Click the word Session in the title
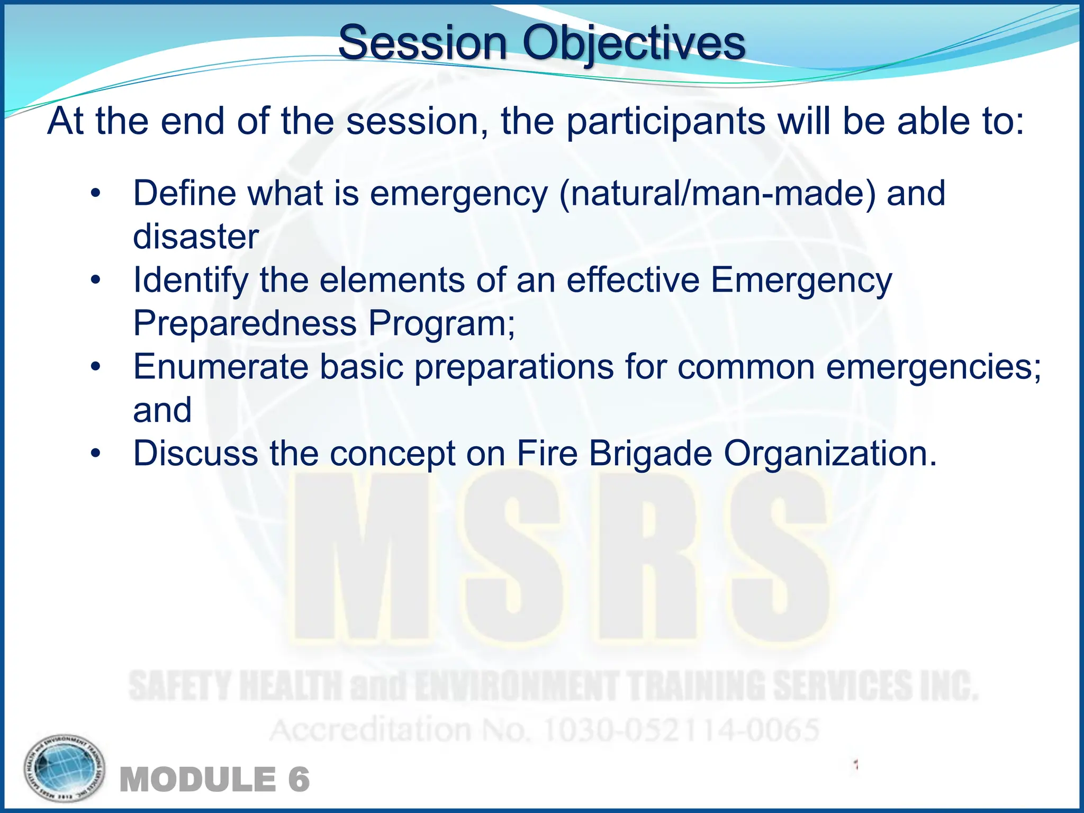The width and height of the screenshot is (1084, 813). point(422,43)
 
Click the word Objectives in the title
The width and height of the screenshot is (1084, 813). point(634,43)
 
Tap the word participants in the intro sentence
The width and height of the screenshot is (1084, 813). point(665,122)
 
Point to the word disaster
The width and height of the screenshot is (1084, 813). point(196,237)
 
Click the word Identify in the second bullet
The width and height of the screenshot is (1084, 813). point(191,280)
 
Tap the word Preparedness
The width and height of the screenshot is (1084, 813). point(245,323)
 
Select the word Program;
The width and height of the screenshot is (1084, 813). point(442,323)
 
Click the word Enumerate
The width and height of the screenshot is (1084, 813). point(221,367)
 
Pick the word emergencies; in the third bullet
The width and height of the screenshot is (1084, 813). point(934,367)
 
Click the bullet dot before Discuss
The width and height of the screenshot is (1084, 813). point(95,454)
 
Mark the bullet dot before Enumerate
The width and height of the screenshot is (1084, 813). point(95,367)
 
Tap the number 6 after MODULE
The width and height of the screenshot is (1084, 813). point(299,780)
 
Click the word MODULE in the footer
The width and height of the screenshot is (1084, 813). point(198,780)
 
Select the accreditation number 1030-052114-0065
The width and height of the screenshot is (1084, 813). point(681,730)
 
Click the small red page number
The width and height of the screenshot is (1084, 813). point(855,764)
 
